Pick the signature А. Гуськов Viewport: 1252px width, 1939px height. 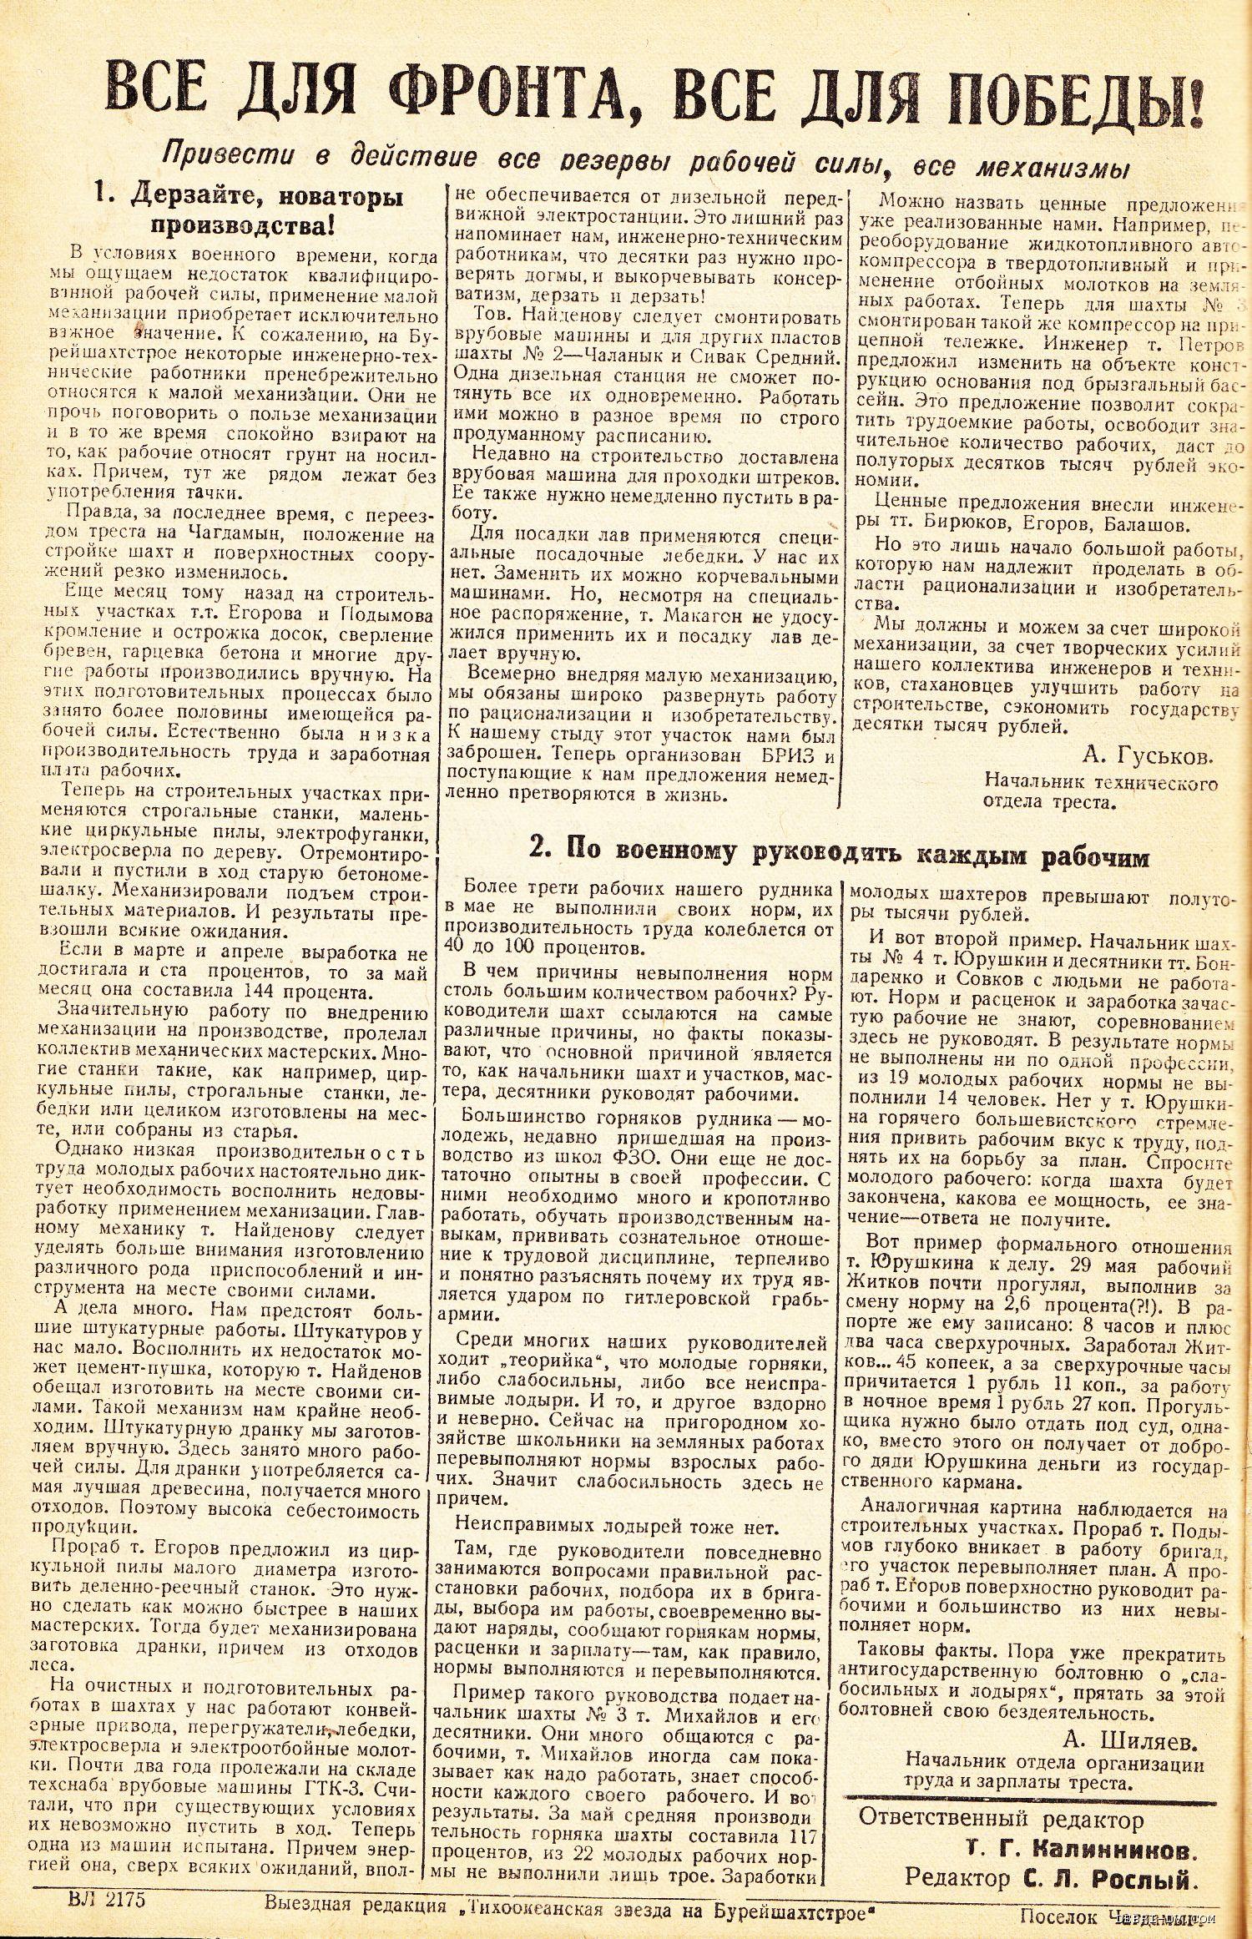1147,757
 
